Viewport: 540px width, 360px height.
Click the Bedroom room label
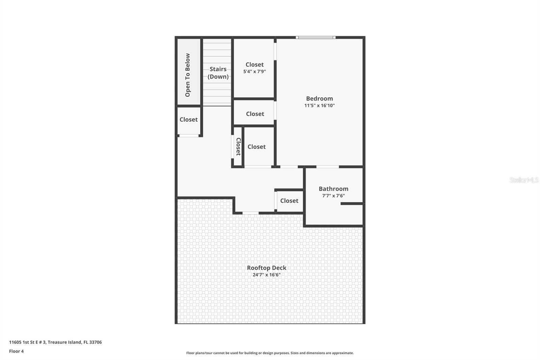pos(319,99)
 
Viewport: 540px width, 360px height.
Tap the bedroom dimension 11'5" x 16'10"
pos(319,105)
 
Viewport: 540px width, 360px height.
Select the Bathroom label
pos(333,189)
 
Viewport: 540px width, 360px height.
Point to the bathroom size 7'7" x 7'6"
pos(333,196)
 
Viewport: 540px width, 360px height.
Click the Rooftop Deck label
pos(266,268)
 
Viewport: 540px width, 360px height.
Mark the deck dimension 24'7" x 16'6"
pos(266,275)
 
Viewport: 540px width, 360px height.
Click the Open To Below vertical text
pos(188,75)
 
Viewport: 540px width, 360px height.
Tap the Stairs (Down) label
pos(218,73)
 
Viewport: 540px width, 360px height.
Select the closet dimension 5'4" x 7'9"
pos(254,72)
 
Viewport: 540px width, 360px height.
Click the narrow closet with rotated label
pos(238,147)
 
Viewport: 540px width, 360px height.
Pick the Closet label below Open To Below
pos(188,120)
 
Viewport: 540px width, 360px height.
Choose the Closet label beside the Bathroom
pos(289,201)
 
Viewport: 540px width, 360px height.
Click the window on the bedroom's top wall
pos(316,37)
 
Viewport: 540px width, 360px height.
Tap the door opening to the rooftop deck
pos(250,213)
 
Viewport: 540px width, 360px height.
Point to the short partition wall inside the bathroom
pos(351,204)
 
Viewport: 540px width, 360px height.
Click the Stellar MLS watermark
pos(524,180)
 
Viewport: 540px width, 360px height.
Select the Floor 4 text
pos(16,351)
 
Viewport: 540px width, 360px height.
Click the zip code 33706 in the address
pos(96,342)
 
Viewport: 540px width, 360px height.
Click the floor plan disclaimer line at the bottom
pos(270,353)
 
